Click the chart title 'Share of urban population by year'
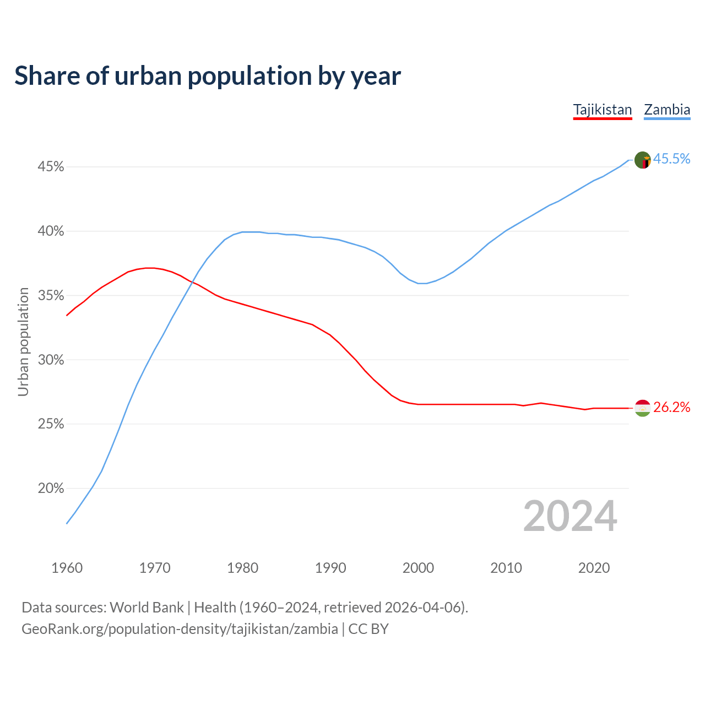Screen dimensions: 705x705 coord(208,76)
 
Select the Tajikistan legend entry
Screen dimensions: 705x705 coord(603,110)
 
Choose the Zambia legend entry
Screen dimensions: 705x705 coord(667,110)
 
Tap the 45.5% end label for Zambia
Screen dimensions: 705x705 coord(671,159)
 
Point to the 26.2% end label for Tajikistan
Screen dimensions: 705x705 coord(671,408)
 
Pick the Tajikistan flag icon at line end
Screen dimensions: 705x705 coord(643,408)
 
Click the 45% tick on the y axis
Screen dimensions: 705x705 coord(51,166)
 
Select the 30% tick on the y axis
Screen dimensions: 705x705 coord(51,360)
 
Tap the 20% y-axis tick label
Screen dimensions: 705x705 coord(51,489)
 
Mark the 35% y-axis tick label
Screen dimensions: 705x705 coord(51,296)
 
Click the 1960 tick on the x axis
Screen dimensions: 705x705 coord(67,568)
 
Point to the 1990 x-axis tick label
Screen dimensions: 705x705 coord(330,568)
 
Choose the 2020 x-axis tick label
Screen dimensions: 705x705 coord(594,568)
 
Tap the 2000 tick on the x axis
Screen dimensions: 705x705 coord(418,568)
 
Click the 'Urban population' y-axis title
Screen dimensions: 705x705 coord(23,341)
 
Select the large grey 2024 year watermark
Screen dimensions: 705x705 coord(570,516)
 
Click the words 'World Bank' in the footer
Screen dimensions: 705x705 coord(147,608)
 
